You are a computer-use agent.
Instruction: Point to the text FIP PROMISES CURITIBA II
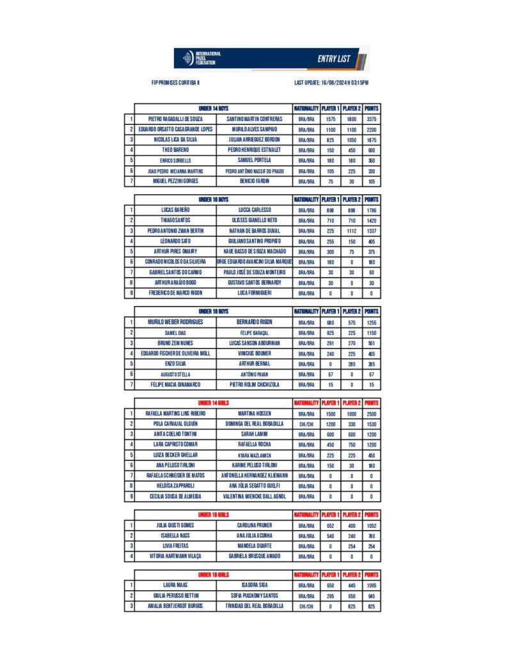click(176, 83)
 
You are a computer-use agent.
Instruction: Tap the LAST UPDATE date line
click(331, 83)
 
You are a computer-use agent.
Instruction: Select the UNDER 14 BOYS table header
click(214, 108)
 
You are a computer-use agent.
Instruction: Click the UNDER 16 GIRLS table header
click(214, 514)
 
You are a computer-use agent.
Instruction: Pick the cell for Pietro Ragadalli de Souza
click(175, 119)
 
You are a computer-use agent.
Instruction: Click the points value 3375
click(372, 119)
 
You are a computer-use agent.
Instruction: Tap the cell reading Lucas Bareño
click(175, 209)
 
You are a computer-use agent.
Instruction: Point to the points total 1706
click(372, 209)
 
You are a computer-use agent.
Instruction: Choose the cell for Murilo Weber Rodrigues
click(175, 322)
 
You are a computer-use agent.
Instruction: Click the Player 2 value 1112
click(351, 231)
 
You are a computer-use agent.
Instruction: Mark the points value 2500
click(372, 414)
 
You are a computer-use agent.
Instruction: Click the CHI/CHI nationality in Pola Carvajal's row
click(306, 424)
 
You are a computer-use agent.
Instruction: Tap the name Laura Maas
click(175, 585)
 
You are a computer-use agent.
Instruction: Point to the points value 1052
click(372, 525)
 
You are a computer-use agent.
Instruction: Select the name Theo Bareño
click(175, 150)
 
